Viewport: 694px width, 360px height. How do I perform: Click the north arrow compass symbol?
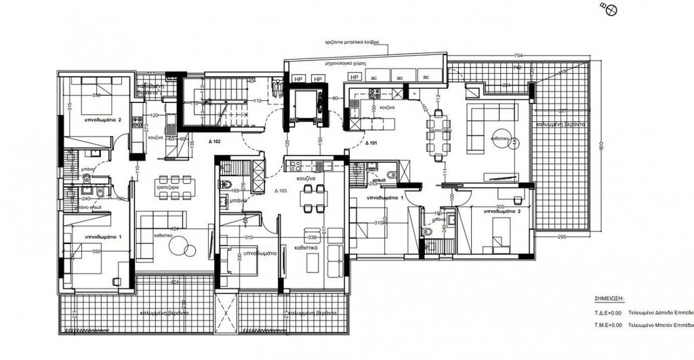pyautogui.click(x=609, y=9)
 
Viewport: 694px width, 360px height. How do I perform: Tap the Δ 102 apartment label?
pyautogui.click(x=213, y=142)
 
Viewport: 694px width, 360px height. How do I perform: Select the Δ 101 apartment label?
pyautogui.click(x=371, y=144)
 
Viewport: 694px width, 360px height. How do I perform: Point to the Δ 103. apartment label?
pyautogui.click(x=282, y=192)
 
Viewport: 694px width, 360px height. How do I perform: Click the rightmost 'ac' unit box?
pyautogui.click(x=427, y=77)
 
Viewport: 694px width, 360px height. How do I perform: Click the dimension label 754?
pyautogui.click(x=518, y=55)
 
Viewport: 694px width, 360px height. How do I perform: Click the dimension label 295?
pyautogui.click(x=562, y=236)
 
